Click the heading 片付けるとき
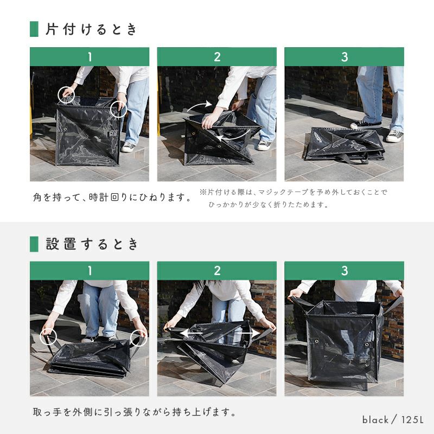tap(91, 29)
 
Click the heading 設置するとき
tap(92, 244)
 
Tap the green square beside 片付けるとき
tap(34, 29)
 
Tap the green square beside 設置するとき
tap(34, 244)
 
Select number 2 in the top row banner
tap(217, 57)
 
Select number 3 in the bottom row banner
tap(344, 271)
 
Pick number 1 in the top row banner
tap(90, 57)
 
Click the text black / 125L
tap(393, 419)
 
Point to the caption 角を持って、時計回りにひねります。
tap(112, 197)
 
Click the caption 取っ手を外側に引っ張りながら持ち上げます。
tap(135, 412)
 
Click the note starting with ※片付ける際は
tap(293, 198)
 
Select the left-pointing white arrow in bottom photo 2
tap(192, 333)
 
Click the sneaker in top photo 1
tap(128, 147)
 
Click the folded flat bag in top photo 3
tap(344, 144)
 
